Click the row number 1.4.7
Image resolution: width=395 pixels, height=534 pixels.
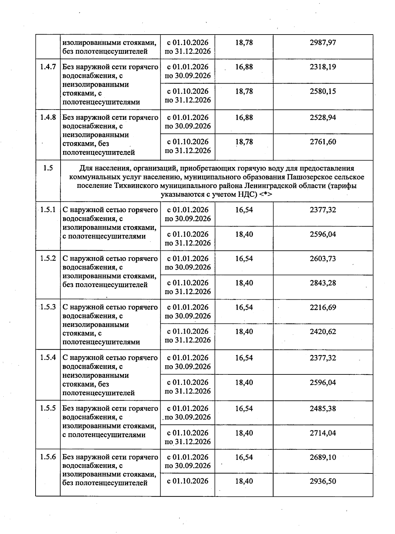[x=48, y=67]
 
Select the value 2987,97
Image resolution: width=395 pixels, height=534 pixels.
[x=323, y=42]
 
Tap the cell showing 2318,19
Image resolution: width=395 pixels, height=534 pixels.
[x=323, y=67]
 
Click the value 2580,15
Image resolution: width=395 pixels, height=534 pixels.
[x=323, y=91]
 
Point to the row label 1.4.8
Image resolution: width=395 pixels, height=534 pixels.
[x=48, y=117]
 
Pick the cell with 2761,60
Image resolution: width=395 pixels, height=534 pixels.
[x=323, y=142]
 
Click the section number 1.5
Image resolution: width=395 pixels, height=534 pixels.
[x=48, y=168]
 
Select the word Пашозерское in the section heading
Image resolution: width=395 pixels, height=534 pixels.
[x=309, y=177]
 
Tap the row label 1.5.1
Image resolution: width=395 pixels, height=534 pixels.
[x=48, y=210]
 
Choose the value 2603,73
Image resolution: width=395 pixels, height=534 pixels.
[x=323, y=259]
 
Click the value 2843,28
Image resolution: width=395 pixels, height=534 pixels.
[x=323, y=283]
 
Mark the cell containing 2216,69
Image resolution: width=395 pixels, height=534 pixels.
[x=323, y=307]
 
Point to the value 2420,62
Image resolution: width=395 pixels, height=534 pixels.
[x=323, y=332]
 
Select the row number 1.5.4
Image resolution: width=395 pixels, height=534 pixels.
[x=48, y=358]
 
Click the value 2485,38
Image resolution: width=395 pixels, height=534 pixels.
[x=323, y=408]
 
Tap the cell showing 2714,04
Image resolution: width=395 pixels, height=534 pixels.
[x=323, y=433]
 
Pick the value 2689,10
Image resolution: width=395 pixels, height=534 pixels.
[x=323, y=457]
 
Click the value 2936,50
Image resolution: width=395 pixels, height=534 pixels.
[x=323, y=481]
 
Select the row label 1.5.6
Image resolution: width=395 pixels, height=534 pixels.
[x=48, y=457]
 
